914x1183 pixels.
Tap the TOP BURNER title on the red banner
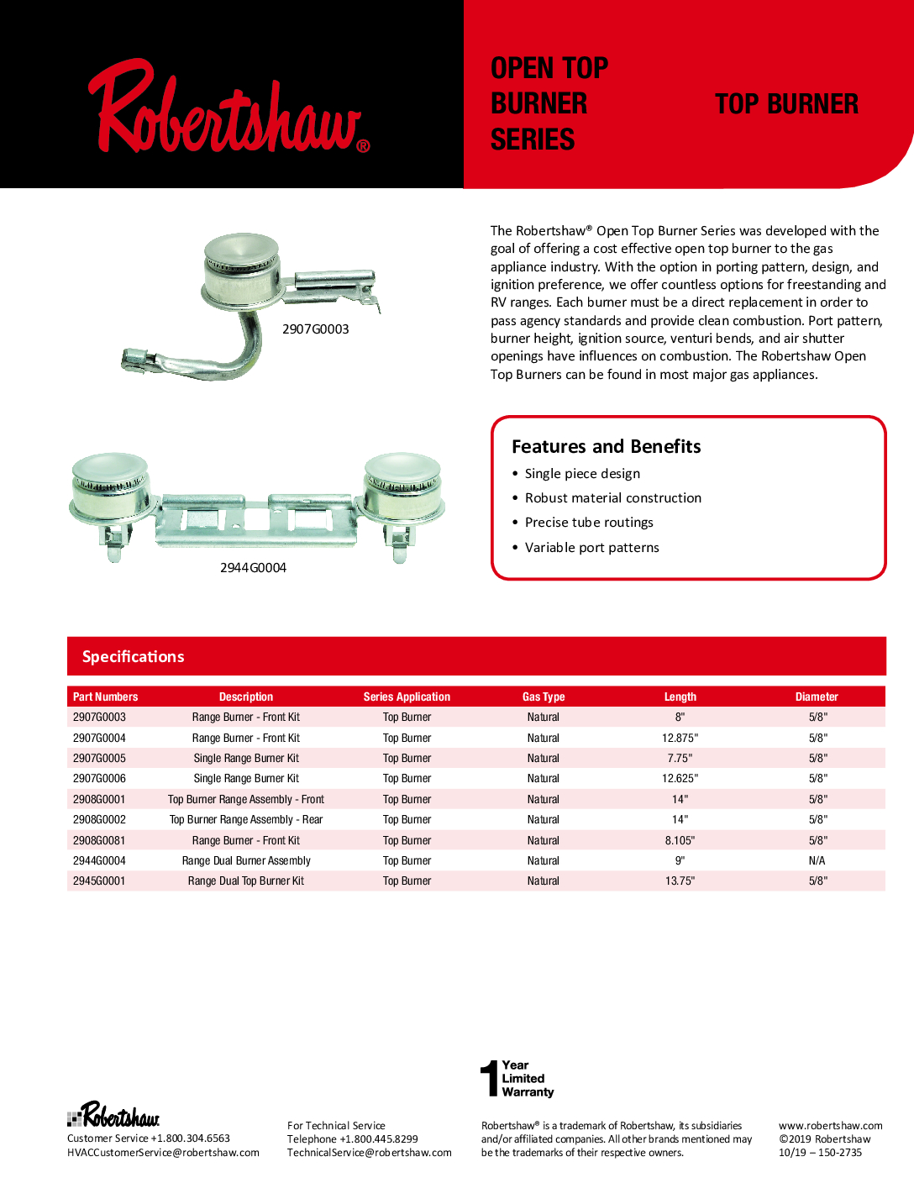pyautogui.click(x=786, y=104)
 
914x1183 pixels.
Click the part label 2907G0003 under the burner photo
pyautogui.click(x=315, y=329)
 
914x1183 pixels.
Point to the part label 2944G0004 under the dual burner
pyautogui.click(x=253, y=568)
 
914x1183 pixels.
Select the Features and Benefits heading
pyautogui.click(x=606, y=446)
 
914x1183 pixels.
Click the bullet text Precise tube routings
pyautogui.click(x=589, y=523)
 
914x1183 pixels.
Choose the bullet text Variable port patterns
pyautogui.click(x=591, y=548)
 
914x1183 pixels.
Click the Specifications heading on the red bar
pyautogui.click(x=133, y=657)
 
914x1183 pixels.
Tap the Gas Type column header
pyautogui.click(x=544, y=697)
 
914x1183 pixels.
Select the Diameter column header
pyautogui.click(x=817, y=697)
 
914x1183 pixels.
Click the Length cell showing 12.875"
pyautogui.click(x=680, y=738)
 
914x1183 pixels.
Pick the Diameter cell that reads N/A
pyautogui.click(x=817, y=860)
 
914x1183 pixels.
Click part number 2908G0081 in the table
pyautogui.click(x=99, y=840)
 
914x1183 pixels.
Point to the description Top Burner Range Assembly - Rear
pyautogui.click(x=246, y=820)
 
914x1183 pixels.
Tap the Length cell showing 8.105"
pyautogui.click(x=680, y=840)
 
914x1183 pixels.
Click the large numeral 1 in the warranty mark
pyautogui.click(x=489, y=1079)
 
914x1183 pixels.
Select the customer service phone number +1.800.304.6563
pyautogui.click(x=190, y=1138)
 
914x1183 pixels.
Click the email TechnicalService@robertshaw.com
pyautogui.click(x=369, y=1153)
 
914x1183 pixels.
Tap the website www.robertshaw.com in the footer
pyautogui.click(x=830, y=1126)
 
